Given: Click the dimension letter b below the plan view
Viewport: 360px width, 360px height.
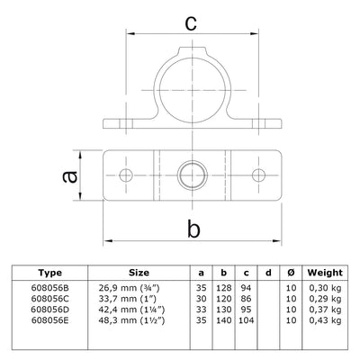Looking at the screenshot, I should pos(193,229).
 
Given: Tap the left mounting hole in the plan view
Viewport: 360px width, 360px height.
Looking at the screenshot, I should pos(126,172).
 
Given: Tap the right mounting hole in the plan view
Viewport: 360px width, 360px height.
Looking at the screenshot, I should pos(258,172).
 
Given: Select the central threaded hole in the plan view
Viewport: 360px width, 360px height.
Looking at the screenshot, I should pos(192,172).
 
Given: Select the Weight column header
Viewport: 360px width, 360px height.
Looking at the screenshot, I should pos(324,272).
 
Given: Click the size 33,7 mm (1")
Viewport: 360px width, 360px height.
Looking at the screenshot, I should pos(138,299).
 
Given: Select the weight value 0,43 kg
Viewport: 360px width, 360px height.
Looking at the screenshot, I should pos(324,320).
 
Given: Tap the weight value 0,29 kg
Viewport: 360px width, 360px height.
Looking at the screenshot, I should pos(324,299).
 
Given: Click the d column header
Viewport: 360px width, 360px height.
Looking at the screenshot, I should pos(266,272).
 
